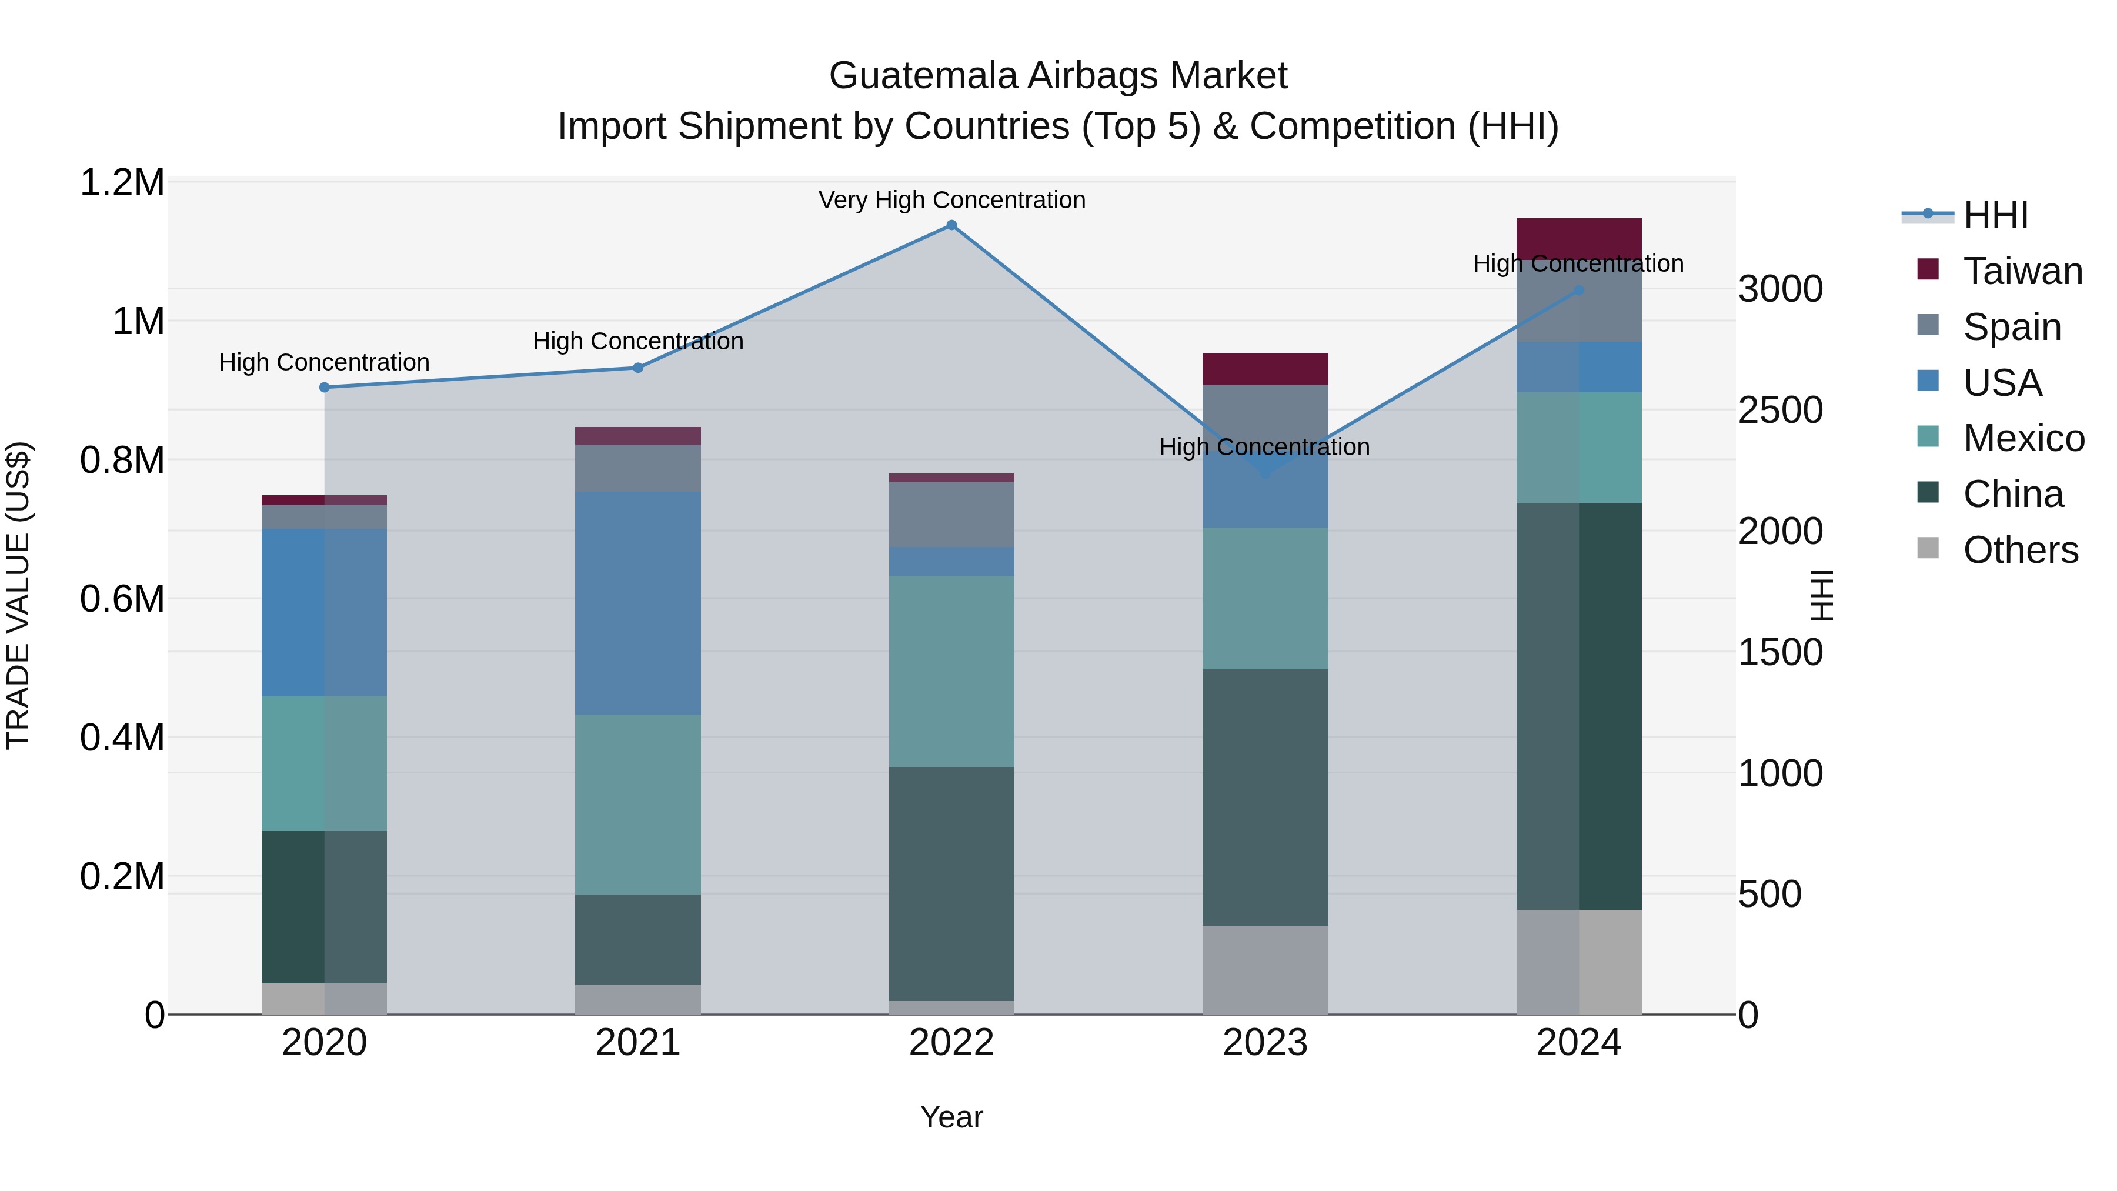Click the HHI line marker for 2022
point(951,225)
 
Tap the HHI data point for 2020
point(324,387)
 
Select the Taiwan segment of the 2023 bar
point(1265,369)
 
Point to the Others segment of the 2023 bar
point(1265,970)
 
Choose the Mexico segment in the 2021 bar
point(637,804)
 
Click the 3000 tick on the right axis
point(1780,289)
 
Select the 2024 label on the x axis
point(1579,1043)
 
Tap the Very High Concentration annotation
point(951,201)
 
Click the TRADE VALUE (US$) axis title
point(18,595)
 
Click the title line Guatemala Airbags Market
point(1058,76)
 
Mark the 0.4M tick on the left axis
point(122,738)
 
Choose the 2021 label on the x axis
point(637,1043)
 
